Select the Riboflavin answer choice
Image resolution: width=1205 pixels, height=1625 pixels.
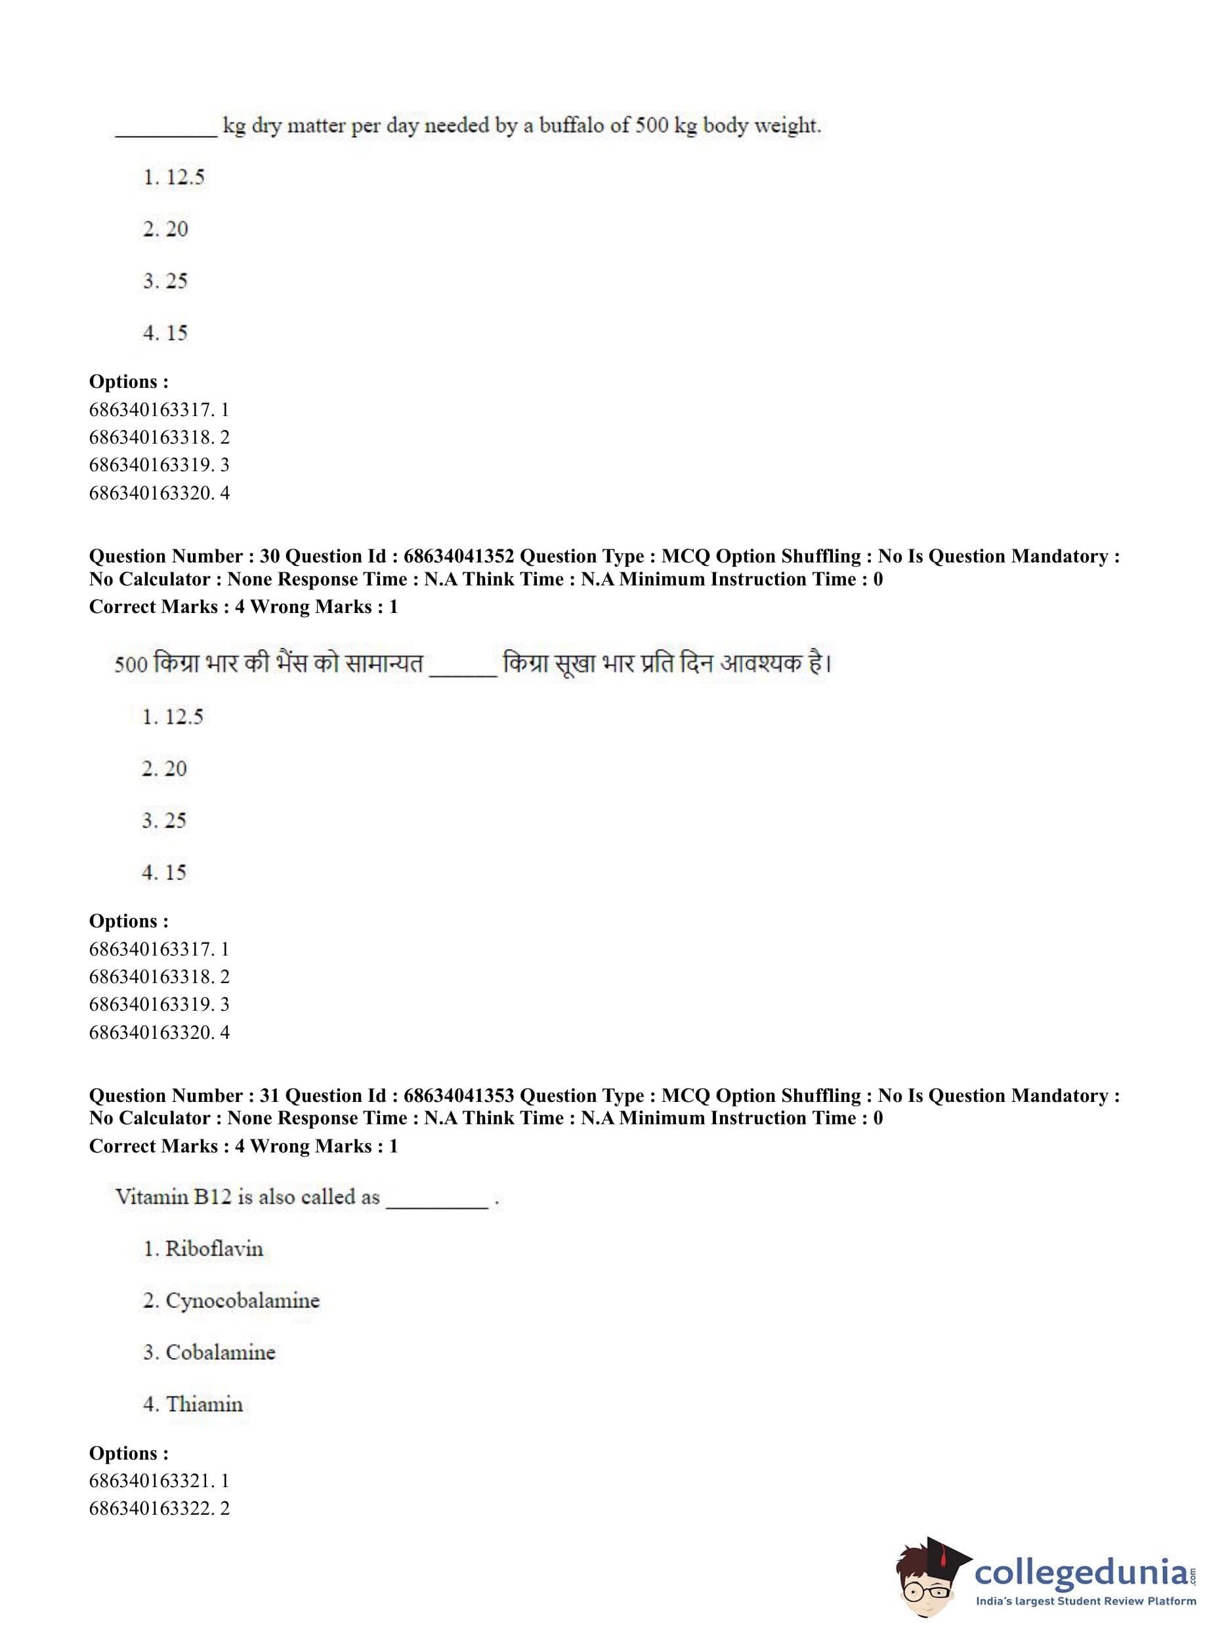213,1249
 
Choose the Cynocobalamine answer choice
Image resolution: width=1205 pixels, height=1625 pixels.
242,1300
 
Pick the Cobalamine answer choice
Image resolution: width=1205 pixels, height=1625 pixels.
221,1352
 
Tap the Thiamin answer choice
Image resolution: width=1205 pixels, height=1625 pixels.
203,1404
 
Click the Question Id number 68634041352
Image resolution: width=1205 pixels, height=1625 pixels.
458,557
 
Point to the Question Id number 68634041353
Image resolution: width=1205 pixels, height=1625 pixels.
458,1095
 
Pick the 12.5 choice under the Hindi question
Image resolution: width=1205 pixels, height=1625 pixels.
183,717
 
